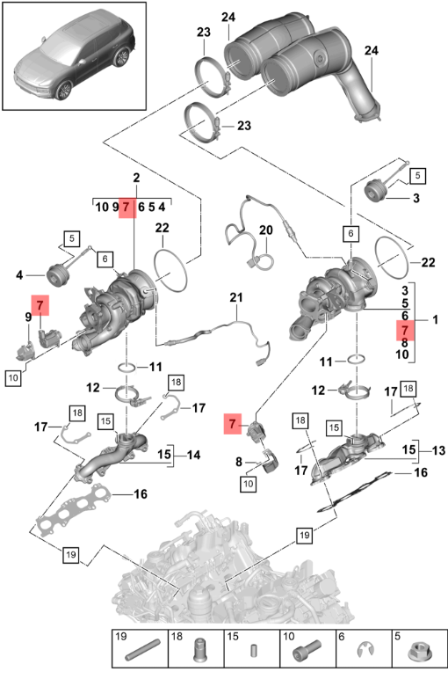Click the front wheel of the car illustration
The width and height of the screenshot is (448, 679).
click(64, 90)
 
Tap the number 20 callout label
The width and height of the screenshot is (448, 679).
click(266, 230)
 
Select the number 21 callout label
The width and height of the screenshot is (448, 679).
click(236, 297)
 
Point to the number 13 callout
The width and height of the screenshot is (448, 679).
click(438, 450)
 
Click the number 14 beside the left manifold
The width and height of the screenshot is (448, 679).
click(194, 455)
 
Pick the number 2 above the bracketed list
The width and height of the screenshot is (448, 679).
click(137, 178)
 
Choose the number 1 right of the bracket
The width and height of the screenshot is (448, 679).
click(435, 319)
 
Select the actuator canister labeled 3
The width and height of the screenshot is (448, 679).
click(375, 190)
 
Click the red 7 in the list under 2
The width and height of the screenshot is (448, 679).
click(126, 207)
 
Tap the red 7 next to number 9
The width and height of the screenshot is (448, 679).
click(40, 305)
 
